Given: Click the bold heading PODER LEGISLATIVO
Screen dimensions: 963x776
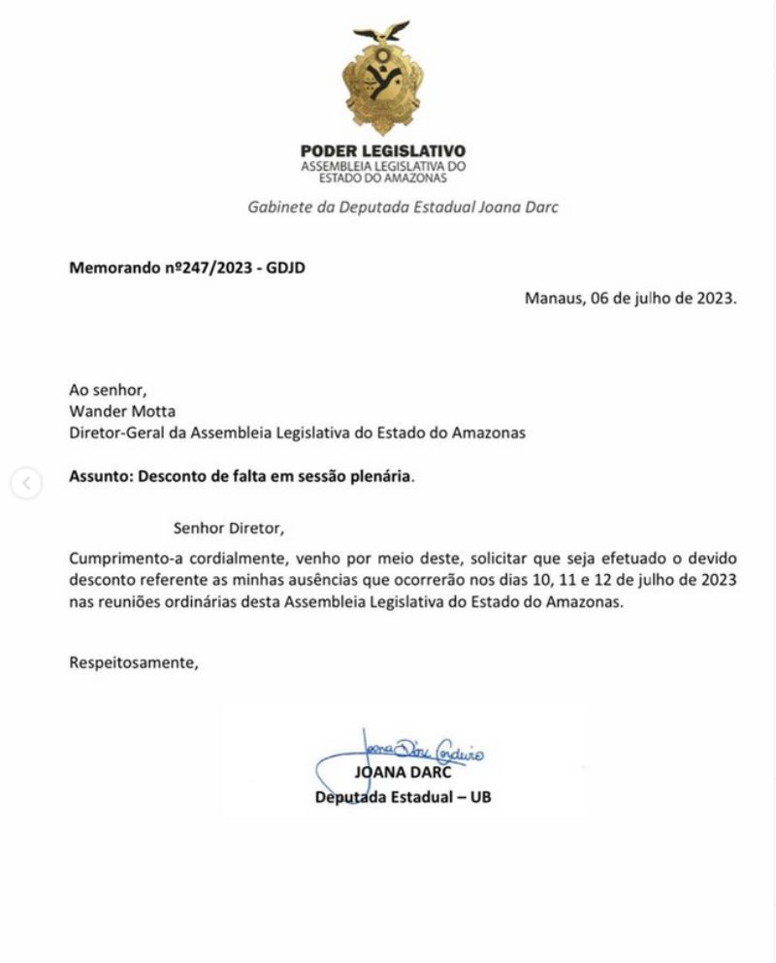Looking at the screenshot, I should [x=383, y=151].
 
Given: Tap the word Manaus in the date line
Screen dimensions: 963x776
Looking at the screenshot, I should [x=550, y=299].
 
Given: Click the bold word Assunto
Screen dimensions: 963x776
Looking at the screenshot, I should [x=100, y=477].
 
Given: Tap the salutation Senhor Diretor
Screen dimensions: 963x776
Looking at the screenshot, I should [x=228, y=530].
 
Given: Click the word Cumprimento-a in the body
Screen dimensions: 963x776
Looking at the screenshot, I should [x=121, y=560].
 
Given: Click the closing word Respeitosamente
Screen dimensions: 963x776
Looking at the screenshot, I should [x=134, y=664].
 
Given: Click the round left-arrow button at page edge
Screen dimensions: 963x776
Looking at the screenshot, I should [x=27, y=484].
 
